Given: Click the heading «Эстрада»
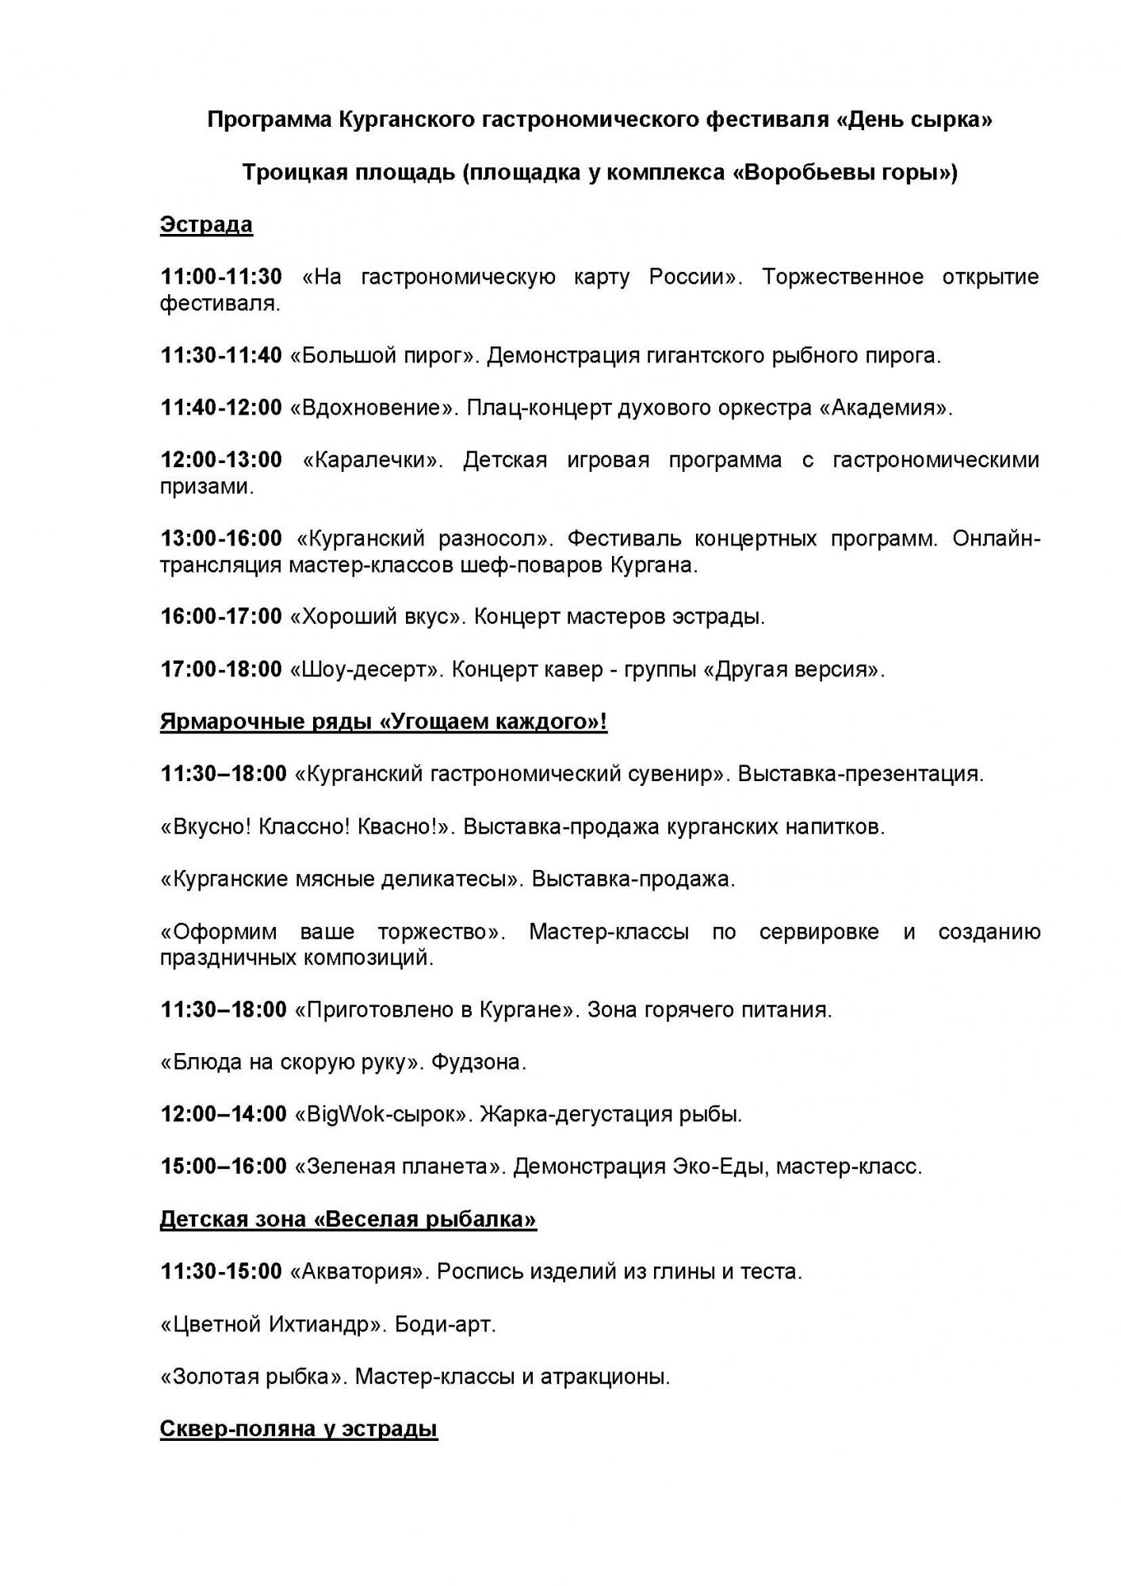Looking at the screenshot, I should (206, 224).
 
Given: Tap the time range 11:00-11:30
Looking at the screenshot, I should (221, 277).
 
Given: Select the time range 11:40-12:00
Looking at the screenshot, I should (221, 408).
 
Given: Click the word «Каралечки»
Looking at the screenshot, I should (373, 460).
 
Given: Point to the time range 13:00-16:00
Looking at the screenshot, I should (221, 538).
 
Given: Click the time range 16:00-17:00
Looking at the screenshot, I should (221, 616).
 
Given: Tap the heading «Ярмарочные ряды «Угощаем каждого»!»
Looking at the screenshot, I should (384, 722).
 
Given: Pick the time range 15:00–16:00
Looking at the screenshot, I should (224, 1167).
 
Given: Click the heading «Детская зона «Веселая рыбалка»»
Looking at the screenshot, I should (348, 1219).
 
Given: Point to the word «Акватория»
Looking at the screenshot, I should (358, 1272).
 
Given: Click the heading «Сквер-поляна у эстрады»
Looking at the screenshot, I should (299, 1429).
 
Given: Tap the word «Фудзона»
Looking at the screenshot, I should (479, 1062).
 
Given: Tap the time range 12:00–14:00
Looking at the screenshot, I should (224, 1114).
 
